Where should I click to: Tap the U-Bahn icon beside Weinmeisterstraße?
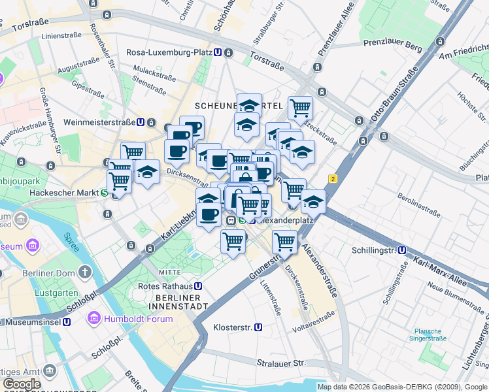pyautogui.click(x=141, y=122)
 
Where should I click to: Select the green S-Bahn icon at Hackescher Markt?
pyautogui.click(x=104, y=193)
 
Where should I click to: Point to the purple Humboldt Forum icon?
pyautogui.click(x=94, y=319)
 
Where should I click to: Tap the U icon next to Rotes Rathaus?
pyautogui.click(x=197, y=286)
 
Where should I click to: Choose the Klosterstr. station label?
pyautogui.click(x=233, y=327)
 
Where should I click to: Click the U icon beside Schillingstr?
pyautogui.click(x=403, y=250)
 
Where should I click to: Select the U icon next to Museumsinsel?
pyautogui.click(x=67, y=322)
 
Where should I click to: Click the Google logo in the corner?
pyautogui.click(x=22, y=384)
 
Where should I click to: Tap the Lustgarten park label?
pyautogui.click(x=53, y=293)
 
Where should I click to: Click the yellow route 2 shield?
pyautogui.click(x=333, y=178)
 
